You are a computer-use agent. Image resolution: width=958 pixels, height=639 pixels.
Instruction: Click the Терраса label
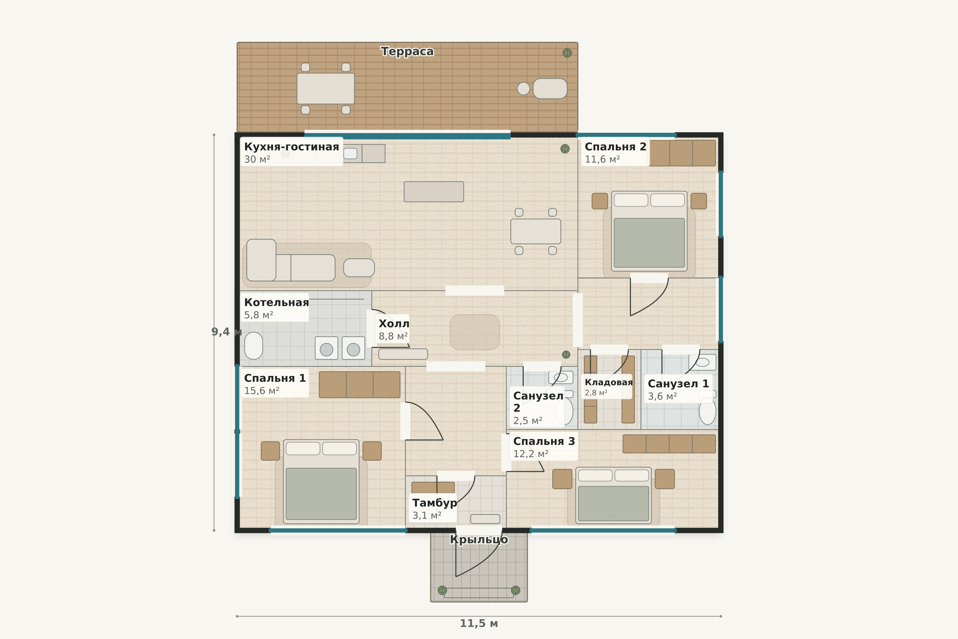(407, 52)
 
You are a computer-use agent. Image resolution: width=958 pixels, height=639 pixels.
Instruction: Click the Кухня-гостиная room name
(292, 147)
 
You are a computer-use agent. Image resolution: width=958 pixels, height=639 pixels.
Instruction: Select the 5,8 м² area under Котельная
(259, 315)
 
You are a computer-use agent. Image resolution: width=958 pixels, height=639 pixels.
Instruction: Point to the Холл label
(394, 323)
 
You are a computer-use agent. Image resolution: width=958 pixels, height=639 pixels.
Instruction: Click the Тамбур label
(435, 503)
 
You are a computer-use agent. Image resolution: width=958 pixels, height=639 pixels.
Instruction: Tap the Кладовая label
(609, 382)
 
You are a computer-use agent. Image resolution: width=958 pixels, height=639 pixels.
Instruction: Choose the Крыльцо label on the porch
(479, 540)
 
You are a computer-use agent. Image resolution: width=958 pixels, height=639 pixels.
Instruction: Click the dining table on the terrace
(325, 88)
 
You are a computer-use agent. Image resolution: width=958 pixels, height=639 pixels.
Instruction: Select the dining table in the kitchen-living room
(536, 231)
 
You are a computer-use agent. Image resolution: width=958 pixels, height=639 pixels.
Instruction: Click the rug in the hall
(474, 332)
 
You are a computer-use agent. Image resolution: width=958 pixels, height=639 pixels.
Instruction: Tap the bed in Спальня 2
(649, 231)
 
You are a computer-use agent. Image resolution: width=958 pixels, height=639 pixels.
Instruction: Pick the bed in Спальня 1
(321, 481)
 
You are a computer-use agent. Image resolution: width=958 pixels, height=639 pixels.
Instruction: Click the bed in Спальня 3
(613, 495)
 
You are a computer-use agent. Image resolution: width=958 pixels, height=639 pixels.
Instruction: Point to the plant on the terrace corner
(567, 53)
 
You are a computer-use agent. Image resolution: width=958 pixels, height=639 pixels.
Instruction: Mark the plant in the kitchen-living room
(565, 149)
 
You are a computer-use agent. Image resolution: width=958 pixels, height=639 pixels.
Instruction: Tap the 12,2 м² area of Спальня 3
(531, 454)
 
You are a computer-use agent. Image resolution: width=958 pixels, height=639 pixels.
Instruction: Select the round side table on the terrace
(523, 88)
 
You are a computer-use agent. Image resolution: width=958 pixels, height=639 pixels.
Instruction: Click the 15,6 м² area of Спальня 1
(262, 391)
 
